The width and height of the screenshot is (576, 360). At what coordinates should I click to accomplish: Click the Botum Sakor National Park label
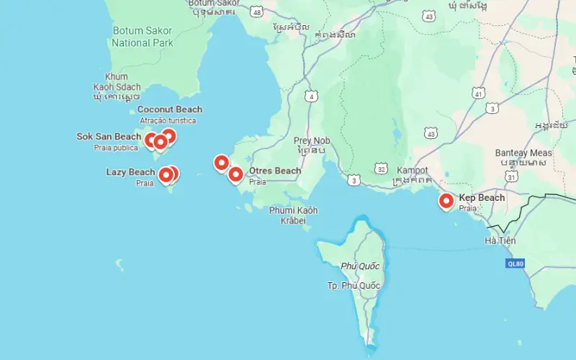tap(143, 37)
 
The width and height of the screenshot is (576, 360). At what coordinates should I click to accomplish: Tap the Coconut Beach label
tap(169, 109)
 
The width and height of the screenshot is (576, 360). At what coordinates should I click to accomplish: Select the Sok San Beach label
tap(109, 137)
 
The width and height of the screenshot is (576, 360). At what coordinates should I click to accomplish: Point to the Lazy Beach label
tap(130, 172)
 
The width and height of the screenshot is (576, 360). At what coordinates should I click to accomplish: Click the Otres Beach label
tap(275, 171)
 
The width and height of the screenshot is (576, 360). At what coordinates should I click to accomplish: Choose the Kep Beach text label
tap(482, 197)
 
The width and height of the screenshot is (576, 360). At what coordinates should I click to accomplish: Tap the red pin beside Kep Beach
tap(446, 202)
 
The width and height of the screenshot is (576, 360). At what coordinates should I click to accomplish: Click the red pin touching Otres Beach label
tap(235, 174)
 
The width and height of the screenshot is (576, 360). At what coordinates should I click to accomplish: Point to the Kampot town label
tap(413, 171)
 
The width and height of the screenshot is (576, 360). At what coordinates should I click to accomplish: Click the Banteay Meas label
tap(523, 153)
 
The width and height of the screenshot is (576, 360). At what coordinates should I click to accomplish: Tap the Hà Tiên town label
tap(500, 240)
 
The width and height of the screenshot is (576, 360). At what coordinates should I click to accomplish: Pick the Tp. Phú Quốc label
tap(354, 286)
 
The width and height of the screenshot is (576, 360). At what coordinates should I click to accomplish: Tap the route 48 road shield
tap(257, 11)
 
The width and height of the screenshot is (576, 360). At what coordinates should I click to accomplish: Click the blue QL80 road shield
tap(516, 264)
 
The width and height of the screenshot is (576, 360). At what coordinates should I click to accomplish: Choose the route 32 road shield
tap(381, 168)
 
